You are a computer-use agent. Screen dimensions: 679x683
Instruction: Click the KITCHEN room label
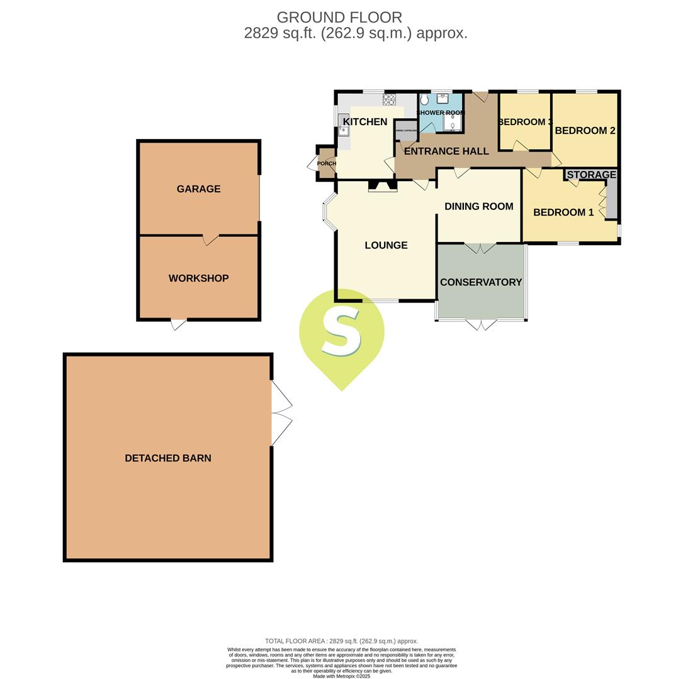tap(364, 121)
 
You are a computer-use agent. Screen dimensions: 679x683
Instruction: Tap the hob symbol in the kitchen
tap(389, 99)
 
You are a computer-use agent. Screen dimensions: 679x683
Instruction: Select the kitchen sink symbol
tap(343, 125)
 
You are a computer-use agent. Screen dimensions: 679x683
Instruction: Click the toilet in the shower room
tap(424, 100)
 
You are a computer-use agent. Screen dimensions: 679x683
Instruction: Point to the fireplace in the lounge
tap(382, 186)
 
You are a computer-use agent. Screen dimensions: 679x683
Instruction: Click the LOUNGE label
tap(386, 245)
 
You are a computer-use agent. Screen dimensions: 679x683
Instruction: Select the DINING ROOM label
tap(478, 206)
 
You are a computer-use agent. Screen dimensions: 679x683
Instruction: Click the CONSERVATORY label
tap(481, 282)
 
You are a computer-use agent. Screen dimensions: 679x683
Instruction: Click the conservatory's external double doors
tap(481, 324)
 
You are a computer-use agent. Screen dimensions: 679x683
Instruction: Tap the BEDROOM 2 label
tap(585, 131)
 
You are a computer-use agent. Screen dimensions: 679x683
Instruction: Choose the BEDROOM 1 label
tap(563, 213)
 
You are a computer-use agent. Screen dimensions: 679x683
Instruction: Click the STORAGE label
tap(591, 175)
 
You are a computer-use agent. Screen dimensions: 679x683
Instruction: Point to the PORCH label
tap(326, 163)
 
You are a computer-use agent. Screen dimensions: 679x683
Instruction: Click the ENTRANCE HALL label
tap(446, 152)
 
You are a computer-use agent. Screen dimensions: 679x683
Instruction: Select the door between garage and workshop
tap(210, 239)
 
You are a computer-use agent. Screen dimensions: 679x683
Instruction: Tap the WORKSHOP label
tap(198, 279)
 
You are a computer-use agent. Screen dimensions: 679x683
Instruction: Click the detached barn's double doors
tap(281, 413)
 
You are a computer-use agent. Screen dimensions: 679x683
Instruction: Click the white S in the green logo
tap(341, 332)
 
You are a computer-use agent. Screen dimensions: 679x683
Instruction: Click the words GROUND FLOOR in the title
tap(339, 18)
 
